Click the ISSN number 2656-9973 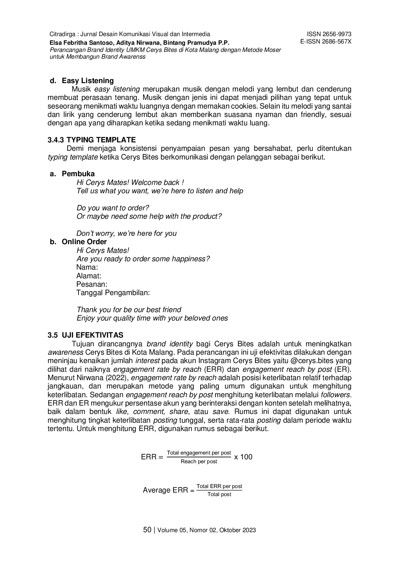329,34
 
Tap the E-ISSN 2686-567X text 326,42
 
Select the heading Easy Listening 88,81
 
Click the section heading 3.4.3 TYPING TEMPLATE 92,140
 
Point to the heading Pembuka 78,174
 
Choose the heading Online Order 84,242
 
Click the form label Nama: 87,267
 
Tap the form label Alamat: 88,276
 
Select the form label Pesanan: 92,284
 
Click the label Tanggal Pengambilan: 113,293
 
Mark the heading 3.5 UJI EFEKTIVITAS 85,335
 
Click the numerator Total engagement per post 199,453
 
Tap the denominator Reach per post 199,462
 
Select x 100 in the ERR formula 243,457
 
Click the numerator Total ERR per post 219,486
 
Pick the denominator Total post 219,494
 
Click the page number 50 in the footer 147,530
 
